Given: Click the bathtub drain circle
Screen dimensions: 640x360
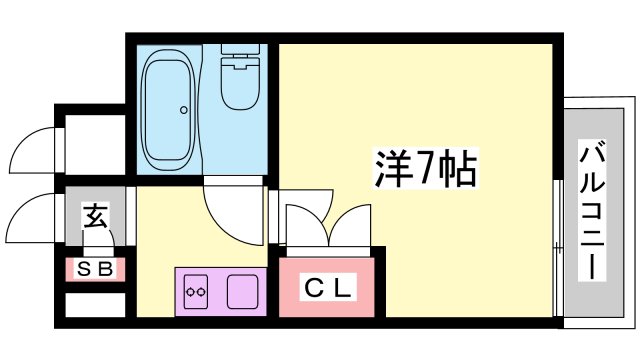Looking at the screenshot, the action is tap(184, 110).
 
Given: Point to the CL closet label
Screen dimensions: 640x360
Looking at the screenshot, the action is tap(328, 290).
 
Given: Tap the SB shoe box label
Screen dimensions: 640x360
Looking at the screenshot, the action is tap(95, 269).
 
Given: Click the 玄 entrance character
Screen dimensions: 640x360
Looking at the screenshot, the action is tap(96, 214).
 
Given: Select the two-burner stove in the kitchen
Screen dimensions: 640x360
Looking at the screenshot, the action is tap(196, 292).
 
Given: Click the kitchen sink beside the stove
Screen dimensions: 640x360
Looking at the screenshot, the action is tap(243, 291).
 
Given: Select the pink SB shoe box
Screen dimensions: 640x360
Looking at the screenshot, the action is tap(95, 269).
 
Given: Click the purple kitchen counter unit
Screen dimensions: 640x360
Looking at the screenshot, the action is tap(220, 291).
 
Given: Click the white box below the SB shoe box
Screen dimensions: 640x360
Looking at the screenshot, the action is tap(95, 303).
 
